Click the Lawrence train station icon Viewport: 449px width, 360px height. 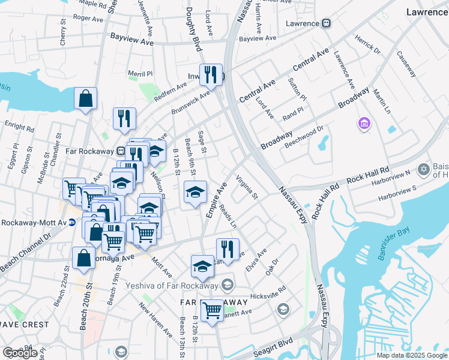point(326,23)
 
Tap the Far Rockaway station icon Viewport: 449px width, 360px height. point(121,151)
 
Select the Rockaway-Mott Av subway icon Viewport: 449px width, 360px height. point(71,222)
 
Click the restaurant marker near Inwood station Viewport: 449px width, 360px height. point(210,74)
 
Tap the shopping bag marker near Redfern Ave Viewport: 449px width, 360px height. point(85,98)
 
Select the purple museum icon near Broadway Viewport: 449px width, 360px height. point(363,124)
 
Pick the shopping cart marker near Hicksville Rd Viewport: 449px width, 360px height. point(211,310)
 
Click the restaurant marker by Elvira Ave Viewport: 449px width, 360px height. point(227,248)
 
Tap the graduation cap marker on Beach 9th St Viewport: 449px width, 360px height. point(194,191)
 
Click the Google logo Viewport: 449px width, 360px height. point(20,353)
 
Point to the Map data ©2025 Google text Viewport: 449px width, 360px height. point(412,355)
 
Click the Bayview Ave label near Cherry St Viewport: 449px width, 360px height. point(131,36)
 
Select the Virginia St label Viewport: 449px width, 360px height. point(247,187)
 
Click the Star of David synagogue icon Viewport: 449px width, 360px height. point(424,170)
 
